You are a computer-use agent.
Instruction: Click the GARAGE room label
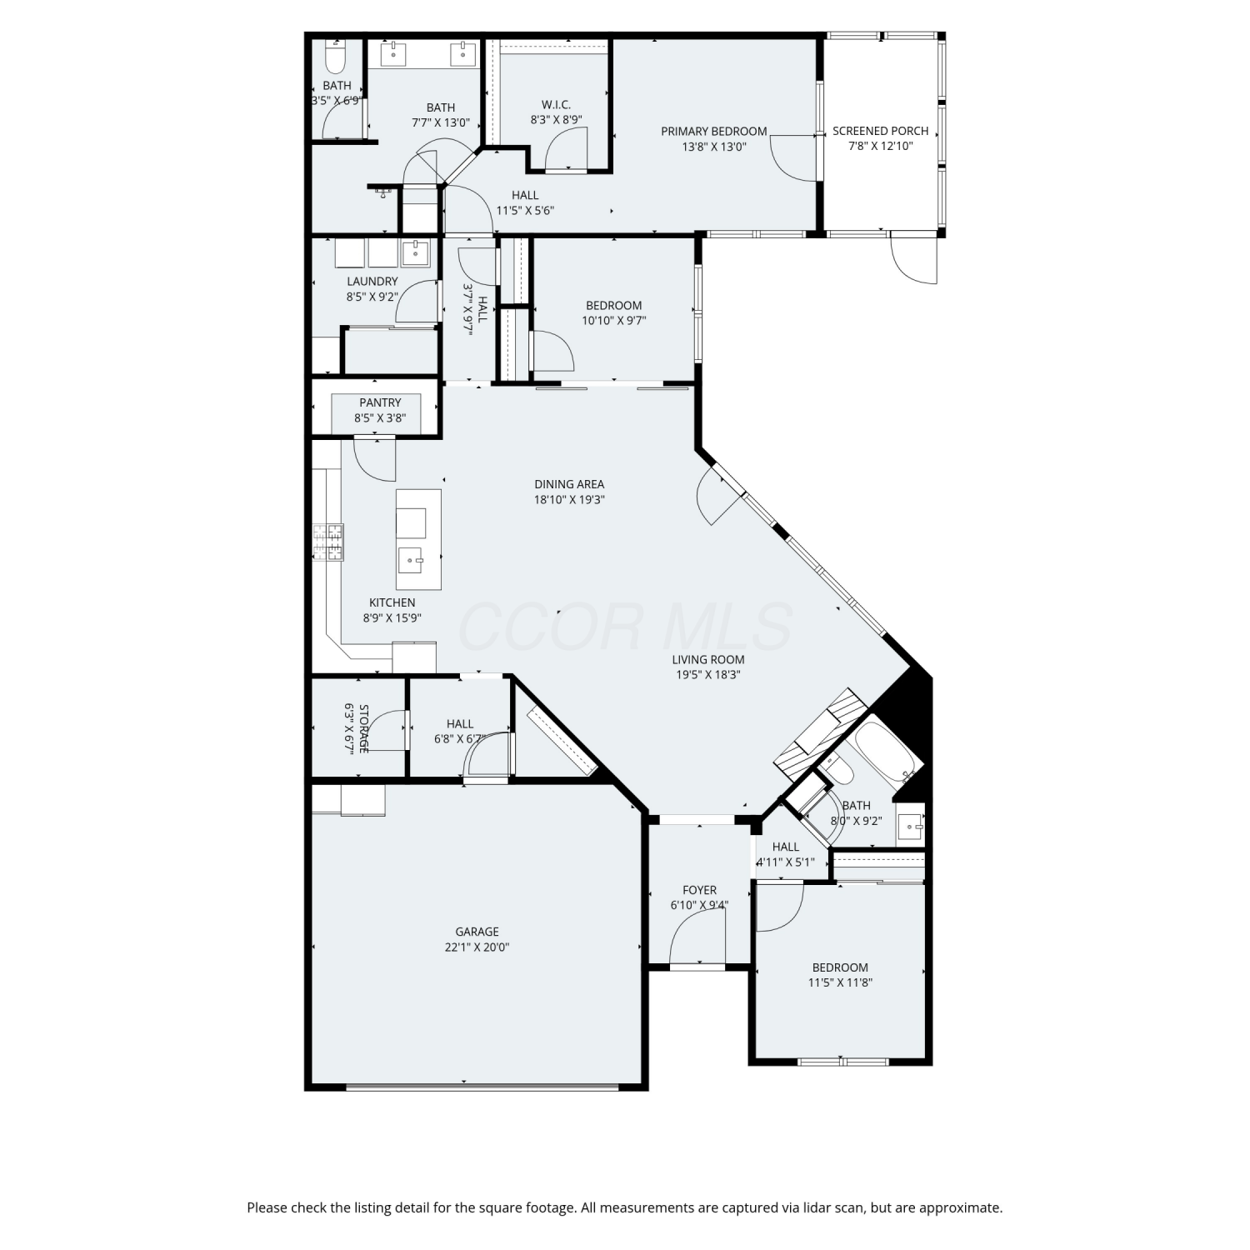[477, 932]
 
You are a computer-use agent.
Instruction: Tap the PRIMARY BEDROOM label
[714, 131]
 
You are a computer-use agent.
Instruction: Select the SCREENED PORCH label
[880, 131]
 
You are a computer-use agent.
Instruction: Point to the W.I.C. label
[556, 104]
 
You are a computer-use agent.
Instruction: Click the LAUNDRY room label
[372, 281]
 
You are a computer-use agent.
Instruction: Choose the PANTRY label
[380, 402]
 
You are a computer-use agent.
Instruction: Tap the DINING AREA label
[569, 484]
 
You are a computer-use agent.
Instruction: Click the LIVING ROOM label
[708, 659]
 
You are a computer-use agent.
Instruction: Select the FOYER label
[699, 890]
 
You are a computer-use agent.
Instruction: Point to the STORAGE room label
[362, 728]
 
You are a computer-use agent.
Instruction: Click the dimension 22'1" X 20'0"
[477, 947]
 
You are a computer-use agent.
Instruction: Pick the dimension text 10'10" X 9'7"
[614, 321]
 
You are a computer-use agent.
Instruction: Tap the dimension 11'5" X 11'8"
[840, 982]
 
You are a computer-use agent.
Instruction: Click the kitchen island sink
[411, 560]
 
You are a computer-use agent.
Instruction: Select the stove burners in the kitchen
[327, 542]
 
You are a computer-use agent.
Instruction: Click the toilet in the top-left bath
[335, 57]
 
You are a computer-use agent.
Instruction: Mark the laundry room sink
[416, 252]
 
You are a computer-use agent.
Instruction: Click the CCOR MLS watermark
[625, 627]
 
